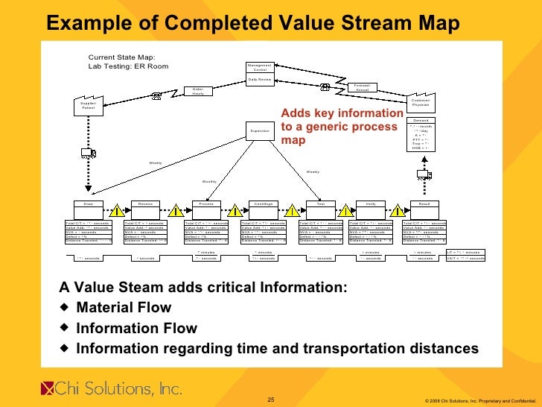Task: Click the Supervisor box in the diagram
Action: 261,131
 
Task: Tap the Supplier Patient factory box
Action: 88,106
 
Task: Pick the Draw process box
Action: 89,203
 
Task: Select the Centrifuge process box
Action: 263,203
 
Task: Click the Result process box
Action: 424,203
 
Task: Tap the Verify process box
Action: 370,203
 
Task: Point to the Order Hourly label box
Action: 197,91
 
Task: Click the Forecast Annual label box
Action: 363,86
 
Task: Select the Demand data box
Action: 421,134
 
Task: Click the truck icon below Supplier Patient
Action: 88,154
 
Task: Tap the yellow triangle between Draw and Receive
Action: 117,211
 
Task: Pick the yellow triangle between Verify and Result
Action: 398,211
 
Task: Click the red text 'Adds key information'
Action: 341,113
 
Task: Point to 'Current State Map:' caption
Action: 122,57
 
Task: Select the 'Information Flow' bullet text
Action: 137,328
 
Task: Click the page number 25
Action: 271,400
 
